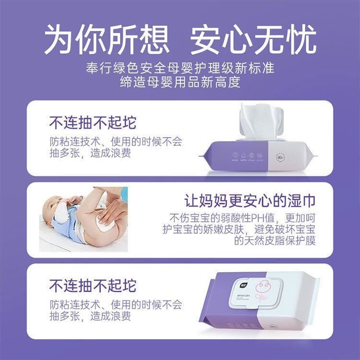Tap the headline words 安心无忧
point(254,38)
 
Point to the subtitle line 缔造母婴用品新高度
point(180,82)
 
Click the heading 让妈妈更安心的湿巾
point(250,200)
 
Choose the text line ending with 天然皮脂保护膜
point(275,241)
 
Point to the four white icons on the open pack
point(248,156)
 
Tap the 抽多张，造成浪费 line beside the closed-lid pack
point(90,317)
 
